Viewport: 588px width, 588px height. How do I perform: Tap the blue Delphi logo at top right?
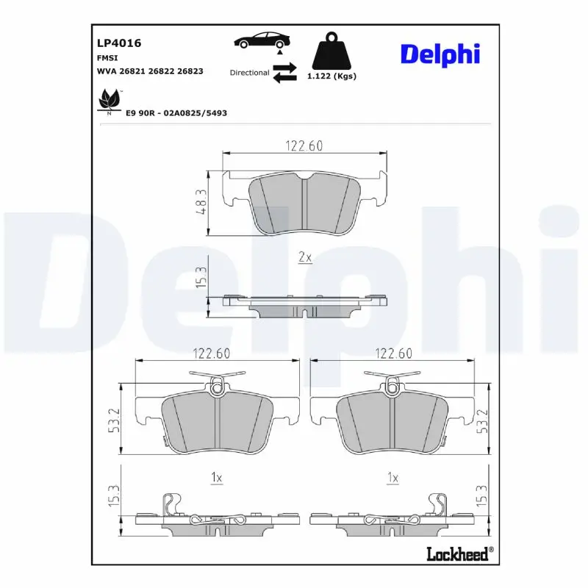pos(440,54)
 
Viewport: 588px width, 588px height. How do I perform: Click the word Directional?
pos(249,73)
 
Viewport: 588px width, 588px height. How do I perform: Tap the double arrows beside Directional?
pos(284,73)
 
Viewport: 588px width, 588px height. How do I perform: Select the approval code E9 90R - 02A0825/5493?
pos(176,113)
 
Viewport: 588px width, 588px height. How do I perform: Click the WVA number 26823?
pos(190,71)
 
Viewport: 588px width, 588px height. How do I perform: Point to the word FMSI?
pos(107,57)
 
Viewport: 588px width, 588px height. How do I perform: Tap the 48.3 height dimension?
pos(200,201)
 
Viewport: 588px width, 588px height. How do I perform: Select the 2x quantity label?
pos(305,257)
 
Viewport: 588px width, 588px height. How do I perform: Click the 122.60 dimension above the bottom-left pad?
pos(212,354)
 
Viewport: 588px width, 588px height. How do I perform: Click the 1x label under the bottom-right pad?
pos(392,478)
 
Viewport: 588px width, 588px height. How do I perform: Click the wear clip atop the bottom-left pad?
pos(217,384)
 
